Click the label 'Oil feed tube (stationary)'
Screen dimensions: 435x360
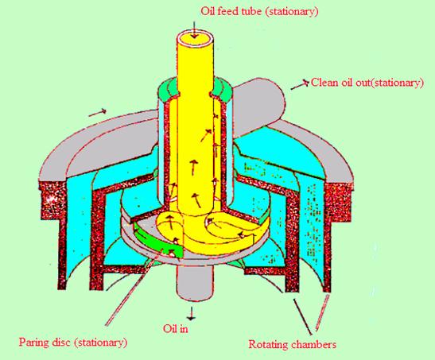pos(259,11)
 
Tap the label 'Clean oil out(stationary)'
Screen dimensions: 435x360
pos(367,83)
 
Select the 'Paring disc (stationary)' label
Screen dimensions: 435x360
pos(73,342)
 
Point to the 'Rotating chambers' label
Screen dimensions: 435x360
pos(292,344)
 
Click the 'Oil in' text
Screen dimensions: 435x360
pos(175,329)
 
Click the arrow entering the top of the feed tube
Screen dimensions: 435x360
pos(195,30)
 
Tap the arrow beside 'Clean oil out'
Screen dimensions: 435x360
pos(300,85)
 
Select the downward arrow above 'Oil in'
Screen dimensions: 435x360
pos(191,313)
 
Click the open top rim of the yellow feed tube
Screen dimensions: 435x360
pos(195,37)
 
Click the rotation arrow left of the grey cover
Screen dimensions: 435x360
pos(98,113)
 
